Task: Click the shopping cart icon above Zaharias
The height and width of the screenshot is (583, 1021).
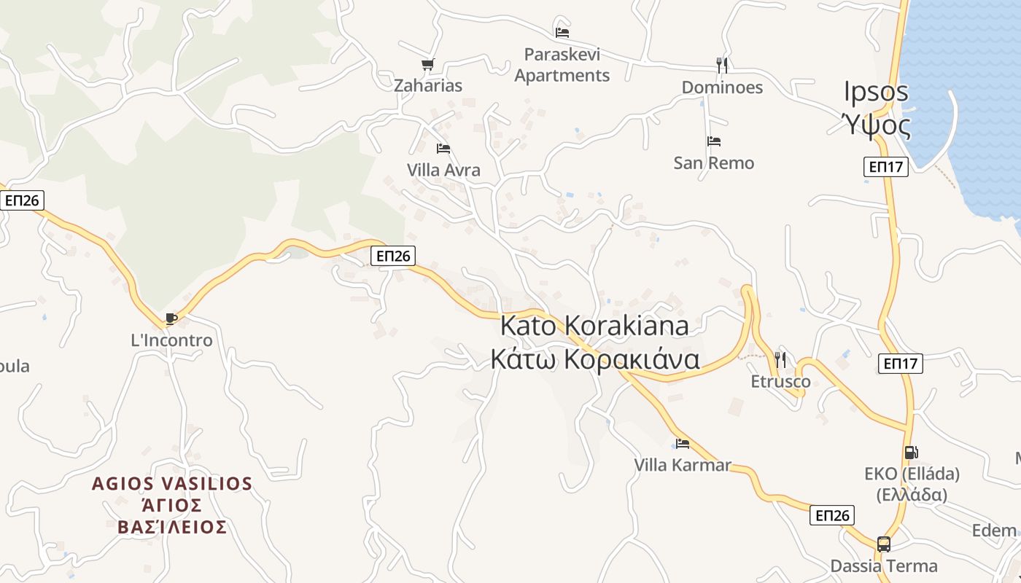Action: pyautogui.click(x=428, y=65)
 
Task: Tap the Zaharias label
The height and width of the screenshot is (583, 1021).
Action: pyautogui.click(x=428, y=86)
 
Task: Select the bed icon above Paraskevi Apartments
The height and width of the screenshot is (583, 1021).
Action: pyautogui.click(x=562, y=32)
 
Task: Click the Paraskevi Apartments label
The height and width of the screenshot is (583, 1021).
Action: pyautogui.click(x=562, y=65)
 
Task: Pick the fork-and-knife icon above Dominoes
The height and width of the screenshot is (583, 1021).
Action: pyautogui.click(x=722, y=66)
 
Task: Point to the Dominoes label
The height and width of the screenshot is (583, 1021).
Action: pyautogui.click(x=722, y=87)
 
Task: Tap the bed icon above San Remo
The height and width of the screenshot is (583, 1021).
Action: pyautogui.click(x=714, y=141)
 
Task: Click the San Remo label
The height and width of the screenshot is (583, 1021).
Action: pyautogui.click(x=714, y=163)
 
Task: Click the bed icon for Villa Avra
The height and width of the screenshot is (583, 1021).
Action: pyautogui.click(x=443, y=149)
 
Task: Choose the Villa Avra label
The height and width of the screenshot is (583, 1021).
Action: pyautogui.click(x=443, y=171)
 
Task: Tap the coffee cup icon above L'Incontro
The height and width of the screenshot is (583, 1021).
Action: pyautogui.click(x=171, y=318)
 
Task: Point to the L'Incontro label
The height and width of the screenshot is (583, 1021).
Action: pyautogui.click(x=171, y=340)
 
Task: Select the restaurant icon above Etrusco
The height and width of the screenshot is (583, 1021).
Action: pyautogui.click(x=780, y=359)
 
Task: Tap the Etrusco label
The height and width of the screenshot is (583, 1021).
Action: pyautogui.click(x=780, y=382)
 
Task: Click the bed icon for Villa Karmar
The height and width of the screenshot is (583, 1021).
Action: pyautogui.click(x=683, y=443)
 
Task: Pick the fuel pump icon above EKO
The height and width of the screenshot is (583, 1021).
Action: pyautogui.click(x=911, y=453)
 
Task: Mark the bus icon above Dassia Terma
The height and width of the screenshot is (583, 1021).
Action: pyautogui.click(x=883, y=544)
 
